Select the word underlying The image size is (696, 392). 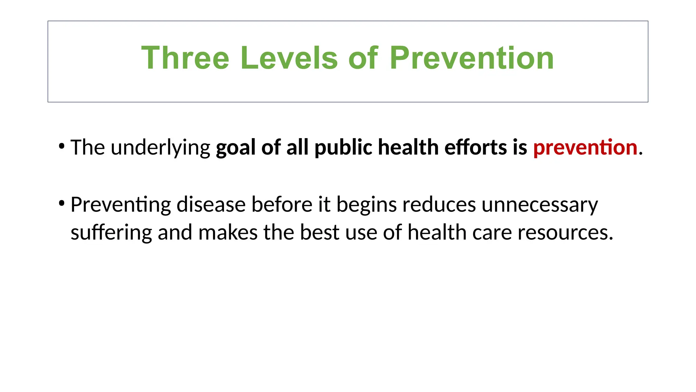click(x=160, y=148)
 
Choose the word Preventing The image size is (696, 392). click(x=121, y=205)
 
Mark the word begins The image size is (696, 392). click(x=366, y=205)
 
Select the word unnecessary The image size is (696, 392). click(x=540, y=205)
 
